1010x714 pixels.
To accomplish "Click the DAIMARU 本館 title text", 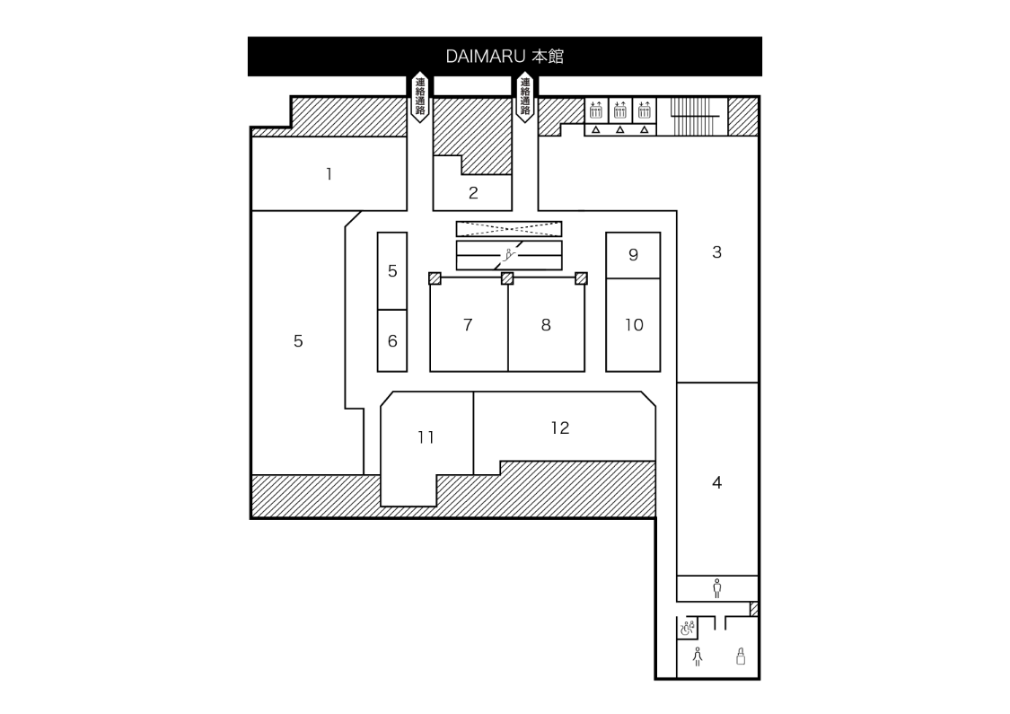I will click(x=505, y=57).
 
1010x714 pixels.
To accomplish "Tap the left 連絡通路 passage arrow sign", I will click(x=419, y=97).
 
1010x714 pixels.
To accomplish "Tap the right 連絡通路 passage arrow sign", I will click(x=525, y=97).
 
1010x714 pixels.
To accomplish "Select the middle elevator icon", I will click(x=619, y=110).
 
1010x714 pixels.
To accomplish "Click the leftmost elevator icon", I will click(x=595, y=110).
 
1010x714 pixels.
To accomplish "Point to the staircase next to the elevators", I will click(x=692, y=116).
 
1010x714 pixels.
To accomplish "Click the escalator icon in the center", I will click(x=509, y=254).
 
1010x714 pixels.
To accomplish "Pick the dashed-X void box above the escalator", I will click(x=509, y=228).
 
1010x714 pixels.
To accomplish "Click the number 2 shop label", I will click(x=473, y=192).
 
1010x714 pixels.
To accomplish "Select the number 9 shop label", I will click(x=633, y=254).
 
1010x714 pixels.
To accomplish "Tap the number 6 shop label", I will click(x=392, y=341).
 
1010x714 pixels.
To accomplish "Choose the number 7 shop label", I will click(x=468, y=325).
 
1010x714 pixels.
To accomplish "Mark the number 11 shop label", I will click(x=426, y=437).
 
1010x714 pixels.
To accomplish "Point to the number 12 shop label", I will click(x=560, y=428).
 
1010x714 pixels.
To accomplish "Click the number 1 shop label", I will click(x=329, y=174).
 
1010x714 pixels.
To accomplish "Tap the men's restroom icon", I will click(x=716, y=588).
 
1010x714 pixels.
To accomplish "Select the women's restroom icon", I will click(x=698, y=657).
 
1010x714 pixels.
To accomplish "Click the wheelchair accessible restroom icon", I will click(x=687, y=628).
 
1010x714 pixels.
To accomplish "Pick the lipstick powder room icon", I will click(x=741, y=657).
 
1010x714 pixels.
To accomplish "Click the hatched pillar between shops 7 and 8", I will click(x=507, y=278).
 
